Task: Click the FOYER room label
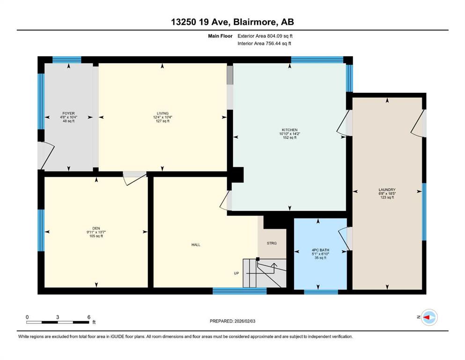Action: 68,113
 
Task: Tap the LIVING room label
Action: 162,113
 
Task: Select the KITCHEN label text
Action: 289,130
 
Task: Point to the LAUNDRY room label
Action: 387,190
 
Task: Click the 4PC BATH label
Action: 320,250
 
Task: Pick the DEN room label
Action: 96,228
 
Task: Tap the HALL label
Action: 196,245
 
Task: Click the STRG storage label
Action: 272,243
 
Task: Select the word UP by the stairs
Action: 236,273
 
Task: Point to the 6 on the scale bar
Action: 89,317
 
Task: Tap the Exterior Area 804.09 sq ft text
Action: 265,36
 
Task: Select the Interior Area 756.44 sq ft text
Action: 264,43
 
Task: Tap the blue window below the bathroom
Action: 321,292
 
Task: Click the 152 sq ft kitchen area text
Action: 289,138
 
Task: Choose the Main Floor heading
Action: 220,36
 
